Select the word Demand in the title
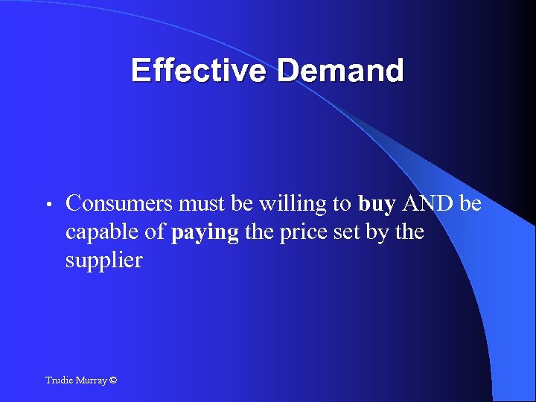tap(341, 71)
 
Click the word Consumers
tap(119, 203)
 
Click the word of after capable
tap(156, 232)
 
